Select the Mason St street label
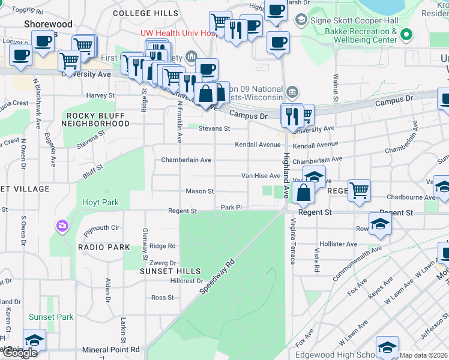(200, 191)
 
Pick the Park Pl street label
(231, 207)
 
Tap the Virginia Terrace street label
(292, 241)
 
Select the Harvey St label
(100, 95)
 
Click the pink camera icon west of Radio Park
(62, 226)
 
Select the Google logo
(19, 353)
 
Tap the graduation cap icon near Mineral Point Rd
(35, 340)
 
